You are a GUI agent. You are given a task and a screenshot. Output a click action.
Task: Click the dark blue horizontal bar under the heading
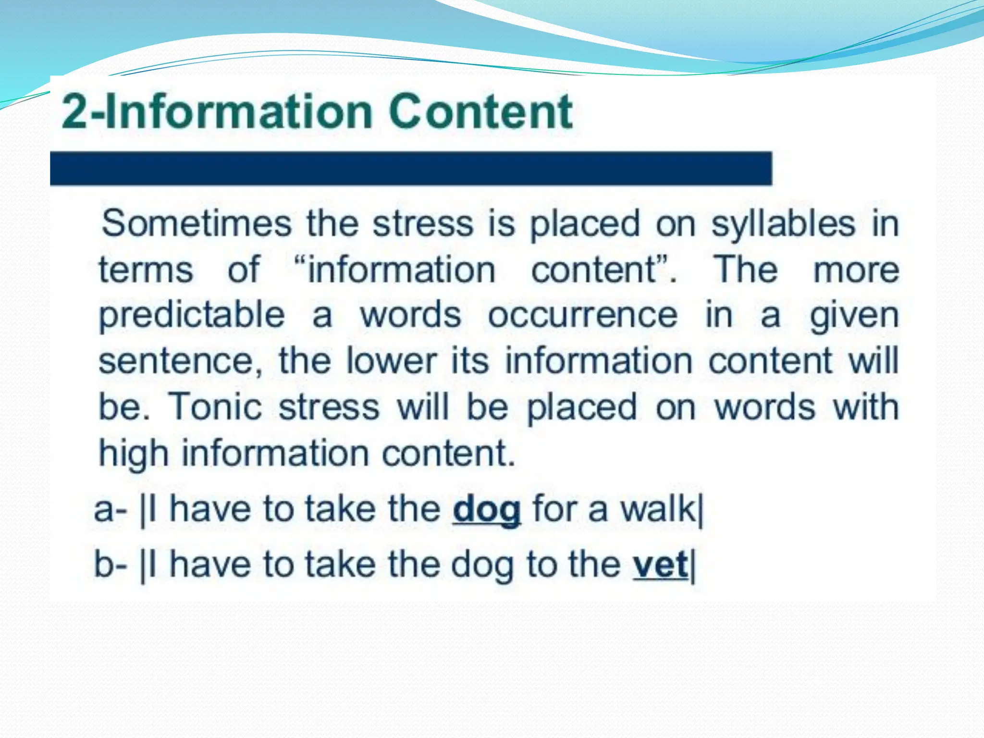tap(411, 168)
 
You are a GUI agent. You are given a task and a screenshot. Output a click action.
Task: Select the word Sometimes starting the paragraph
tap(197, 223)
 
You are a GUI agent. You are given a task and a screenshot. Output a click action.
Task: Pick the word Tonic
tap(215, 406)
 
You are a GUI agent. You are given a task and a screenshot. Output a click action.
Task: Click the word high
tap(134, 454)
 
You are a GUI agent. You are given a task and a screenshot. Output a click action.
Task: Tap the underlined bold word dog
tap(486, 510)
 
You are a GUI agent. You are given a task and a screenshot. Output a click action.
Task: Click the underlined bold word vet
tap(660, 565)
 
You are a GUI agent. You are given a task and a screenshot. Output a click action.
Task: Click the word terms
tap(146, 270)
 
